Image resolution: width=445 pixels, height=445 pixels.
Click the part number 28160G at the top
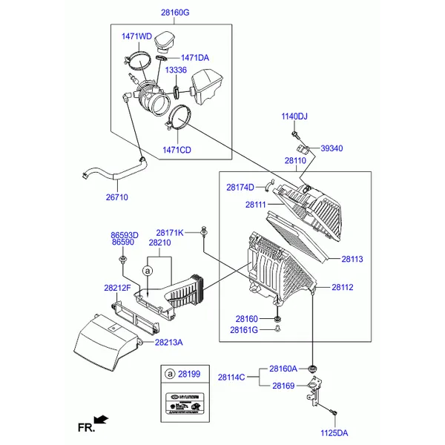click(175, 13)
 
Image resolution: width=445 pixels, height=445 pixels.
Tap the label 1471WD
click(136, 36)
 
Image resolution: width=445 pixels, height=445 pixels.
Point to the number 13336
click(176, 70)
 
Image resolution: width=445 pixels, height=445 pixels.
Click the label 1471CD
click(177, 150)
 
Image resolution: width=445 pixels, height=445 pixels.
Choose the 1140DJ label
click(294, 116)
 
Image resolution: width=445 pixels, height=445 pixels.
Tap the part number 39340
click(332, 148)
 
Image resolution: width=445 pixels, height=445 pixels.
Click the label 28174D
click(240, 188)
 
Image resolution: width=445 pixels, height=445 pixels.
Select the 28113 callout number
click(352, 260)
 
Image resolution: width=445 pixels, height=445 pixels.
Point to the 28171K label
click(169, 233)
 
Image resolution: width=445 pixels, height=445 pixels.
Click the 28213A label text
click(169, 342)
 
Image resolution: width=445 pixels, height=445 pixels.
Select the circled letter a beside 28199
click(170, 374)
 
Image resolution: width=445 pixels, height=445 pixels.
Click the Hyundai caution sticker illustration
click(182, 400)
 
